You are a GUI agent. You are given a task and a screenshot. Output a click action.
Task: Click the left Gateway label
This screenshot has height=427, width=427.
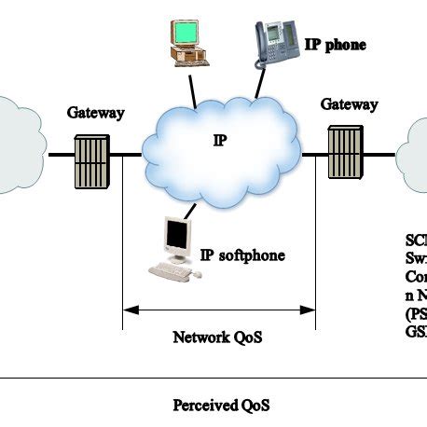pos(96,113)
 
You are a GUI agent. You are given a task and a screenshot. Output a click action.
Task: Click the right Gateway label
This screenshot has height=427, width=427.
pos(350,104)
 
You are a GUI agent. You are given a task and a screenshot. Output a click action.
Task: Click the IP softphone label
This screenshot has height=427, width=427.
pos(242,255)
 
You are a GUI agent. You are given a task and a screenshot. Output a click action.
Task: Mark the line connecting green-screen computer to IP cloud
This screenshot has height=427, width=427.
pos(192,89)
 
